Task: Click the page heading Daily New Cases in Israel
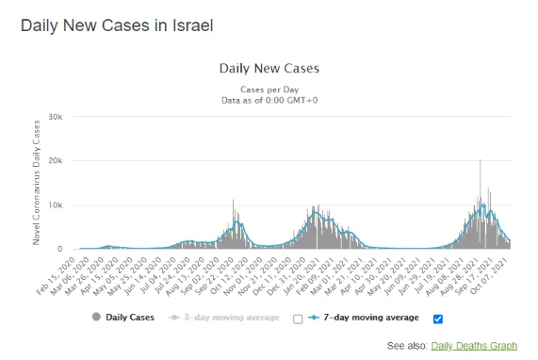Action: [x=117, y=25]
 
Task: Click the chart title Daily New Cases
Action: [x=269, y=69]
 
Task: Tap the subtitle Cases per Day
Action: [x=269, y=88]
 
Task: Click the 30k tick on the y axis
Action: [x=55, y=116]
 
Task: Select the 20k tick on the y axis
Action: [x=55, y=160]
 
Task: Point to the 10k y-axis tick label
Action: [x=55, y=205]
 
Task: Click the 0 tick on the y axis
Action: [x=59, y=249]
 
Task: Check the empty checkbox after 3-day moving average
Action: [x=298, y=319]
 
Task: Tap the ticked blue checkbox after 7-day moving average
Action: [x=438, y=319]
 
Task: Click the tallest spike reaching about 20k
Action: [x=481, y=162]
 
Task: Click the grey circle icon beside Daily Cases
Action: [x=96, y=319]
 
